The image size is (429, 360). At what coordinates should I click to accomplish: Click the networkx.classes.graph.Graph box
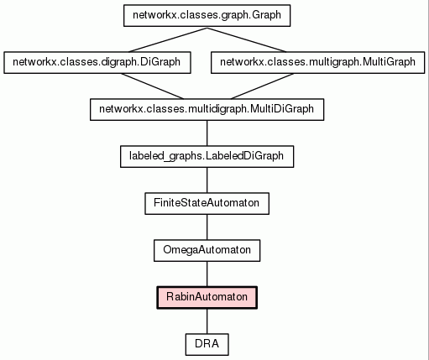[207, 16]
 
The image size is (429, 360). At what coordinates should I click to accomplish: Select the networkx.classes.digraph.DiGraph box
[97, 63]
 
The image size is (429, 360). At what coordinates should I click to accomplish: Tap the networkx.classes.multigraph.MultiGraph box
[317, 63]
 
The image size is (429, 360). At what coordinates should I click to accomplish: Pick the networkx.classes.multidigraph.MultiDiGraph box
[207, 110]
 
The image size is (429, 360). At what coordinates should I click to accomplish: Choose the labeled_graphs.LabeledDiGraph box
[207, 157]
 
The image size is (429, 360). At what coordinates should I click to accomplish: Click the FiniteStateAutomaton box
[207, 204]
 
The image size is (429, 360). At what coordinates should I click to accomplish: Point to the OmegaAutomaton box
[207, 251]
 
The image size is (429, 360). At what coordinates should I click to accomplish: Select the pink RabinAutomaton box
[207, 298]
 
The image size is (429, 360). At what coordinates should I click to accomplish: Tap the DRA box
[207, 345]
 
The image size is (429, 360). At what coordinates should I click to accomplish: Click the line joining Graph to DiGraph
[168, 39]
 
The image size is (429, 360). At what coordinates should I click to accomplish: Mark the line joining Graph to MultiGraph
[247, 39]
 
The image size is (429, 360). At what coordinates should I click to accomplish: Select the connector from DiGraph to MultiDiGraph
[152, 86]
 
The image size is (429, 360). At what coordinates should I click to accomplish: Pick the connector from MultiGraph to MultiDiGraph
[262, 86]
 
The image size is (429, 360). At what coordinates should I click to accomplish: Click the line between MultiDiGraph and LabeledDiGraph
[207, 133]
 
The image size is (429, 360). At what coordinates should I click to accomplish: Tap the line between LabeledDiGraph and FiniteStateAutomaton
[207, 180]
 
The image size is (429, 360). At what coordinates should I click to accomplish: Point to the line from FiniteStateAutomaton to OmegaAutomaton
[207, 227]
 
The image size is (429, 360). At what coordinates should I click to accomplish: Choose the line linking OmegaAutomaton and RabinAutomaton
[207, 274]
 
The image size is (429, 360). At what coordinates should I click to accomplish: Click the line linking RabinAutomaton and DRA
[207, 321]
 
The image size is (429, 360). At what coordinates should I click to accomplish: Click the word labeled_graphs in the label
[166, 156]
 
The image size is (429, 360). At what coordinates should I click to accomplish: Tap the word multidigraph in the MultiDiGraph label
[217, 109]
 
